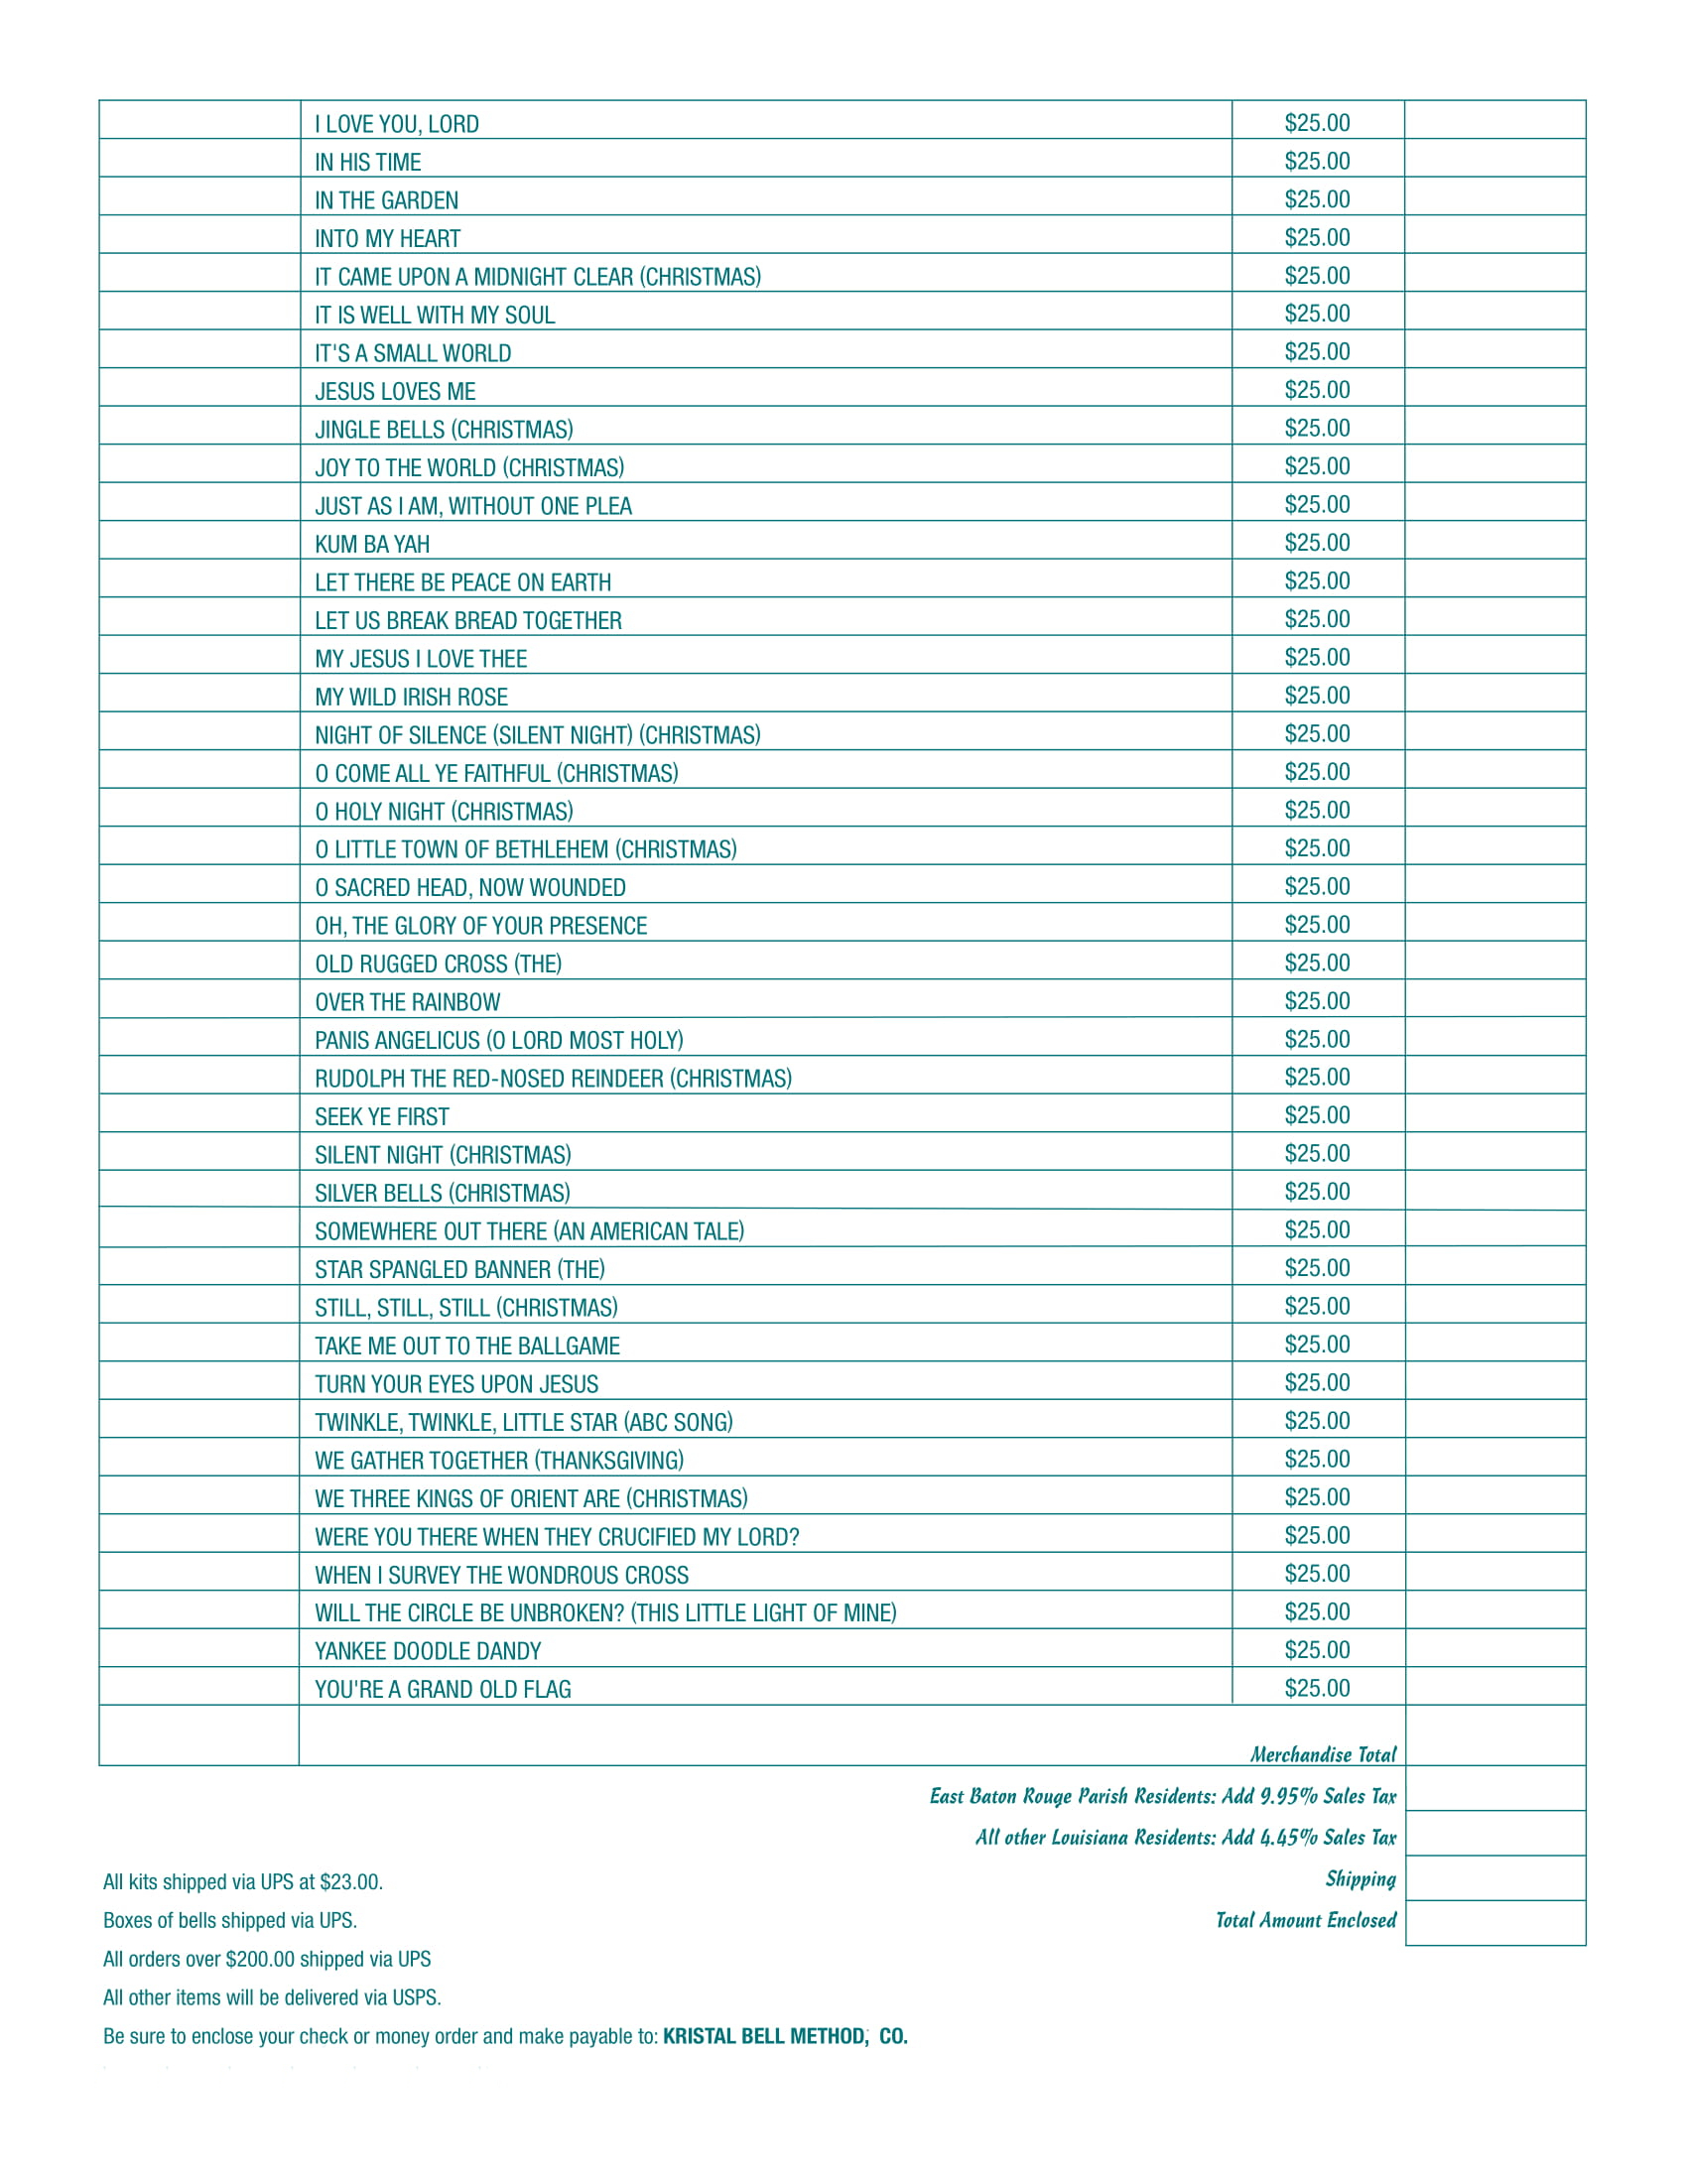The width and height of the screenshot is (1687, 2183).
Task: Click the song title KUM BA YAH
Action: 372,545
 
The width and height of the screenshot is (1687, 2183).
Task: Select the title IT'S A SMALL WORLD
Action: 413,354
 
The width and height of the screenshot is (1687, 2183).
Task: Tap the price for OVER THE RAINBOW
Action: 1316,1001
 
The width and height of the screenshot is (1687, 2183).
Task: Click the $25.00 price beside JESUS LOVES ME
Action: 1316,391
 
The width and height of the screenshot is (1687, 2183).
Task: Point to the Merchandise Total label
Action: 1322,1754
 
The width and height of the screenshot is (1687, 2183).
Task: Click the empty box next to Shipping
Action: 1494,1878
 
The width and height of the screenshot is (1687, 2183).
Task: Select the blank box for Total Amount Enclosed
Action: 1494,1922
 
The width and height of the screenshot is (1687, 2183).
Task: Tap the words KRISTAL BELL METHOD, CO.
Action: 785,2037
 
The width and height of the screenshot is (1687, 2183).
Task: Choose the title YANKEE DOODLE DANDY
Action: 428,1651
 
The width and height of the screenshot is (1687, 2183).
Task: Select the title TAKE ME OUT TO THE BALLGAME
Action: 466,1347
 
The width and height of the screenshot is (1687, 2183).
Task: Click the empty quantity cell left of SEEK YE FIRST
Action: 198,1113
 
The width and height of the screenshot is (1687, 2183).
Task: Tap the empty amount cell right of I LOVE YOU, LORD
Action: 1494,120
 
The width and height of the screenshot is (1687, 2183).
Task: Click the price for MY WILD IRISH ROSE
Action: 1316,696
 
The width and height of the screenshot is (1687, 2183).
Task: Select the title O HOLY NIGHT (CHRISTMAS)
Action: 444,812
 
